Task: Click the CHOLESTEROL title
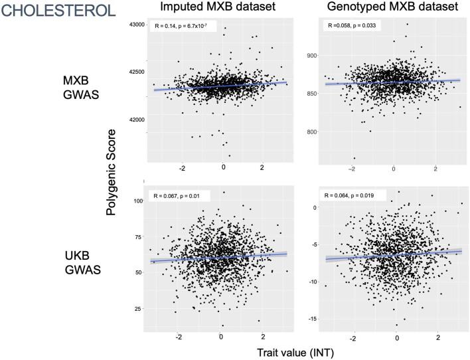tap(55, 11)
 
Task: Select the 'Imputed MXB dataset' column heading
tap(210, 9)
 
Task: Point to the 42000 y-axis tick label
tap(135, 120)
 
